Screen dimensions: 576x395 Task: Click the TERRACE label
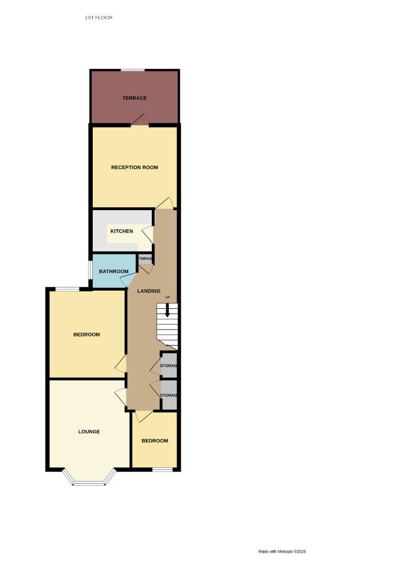pos(134,98)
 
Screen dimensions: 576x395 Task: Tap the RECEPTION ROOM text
pos(134,167)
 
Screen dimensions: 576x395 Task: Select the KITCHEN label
pos(122,231)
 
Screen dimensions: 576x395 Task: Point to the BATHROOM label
pos(114,271)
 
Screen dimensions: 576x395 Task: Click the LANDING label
pos(149,291)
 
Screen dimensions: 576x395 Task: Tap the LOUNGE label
pos(89,431)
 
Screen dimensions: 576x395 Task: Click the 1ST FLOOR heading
pos(99,18)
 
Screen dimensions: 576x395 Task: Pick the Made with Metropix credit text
pos(282,551)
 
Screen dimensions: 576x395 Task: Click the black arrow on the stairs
pos(167,311)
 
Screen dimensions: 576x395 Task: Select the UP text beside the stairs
pos(167,297)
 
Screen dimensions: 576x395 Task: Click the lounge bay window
pos(89,483)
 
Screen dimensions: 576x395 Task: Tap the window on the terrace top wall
pos(132,70)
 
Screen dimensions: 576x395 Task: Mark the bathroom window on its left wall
pos(90,271)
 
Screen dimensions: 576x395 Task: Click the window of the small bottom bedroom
pos(162,469)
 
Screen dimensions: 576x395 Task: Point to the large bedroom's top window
pos(68,290)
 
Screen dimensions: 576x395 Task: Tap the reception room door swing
pos(165,204)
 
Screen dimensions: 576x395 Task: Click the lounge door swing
pos(120,397)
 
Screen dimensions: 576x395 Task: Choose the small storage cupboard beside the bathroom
pos(146,259)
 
